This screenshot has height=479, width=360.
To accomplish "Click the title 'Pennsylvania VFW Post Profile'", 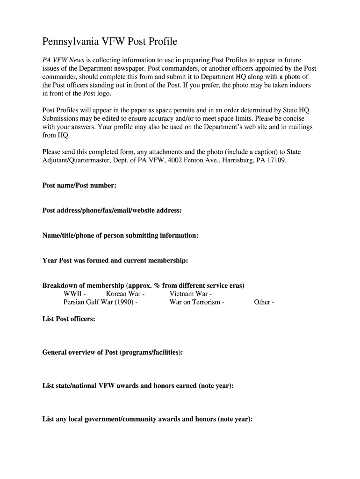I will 110,42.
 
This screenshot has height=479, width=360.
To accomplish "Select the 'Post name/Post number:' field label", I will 79,186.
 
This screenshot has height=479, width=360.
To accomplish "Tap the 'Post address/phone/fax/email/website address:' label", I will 112,210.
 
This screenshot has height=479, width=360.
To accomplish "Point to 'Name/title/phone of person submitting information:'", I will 120,235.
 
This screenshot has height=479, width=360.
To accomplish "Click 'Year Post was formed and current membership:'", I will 115,261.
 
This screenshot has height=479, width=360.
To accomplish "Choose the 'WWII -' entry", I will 74,294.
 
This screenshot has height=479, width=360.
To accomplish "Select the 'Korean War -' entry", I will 125,294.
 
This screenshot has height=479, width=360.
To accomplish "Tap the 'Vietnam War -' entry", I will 191,294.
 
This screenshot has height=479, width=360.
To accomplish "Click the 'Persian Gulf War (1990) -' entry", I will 101,302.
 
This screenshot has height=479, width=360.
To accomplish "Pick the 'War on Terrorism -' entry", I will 197,302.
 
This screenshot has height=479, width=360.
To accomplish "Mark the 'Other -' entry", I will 264,302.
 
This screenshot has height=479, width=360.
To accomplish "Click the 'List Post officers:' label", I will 69,319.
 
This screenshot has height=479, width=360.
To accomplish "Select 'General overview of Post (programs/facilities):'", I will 113,352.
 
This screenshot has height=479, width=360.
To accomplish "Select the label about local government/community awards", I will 147,419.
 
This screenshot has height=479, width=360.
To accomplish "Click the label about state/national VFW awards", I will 138,386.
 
